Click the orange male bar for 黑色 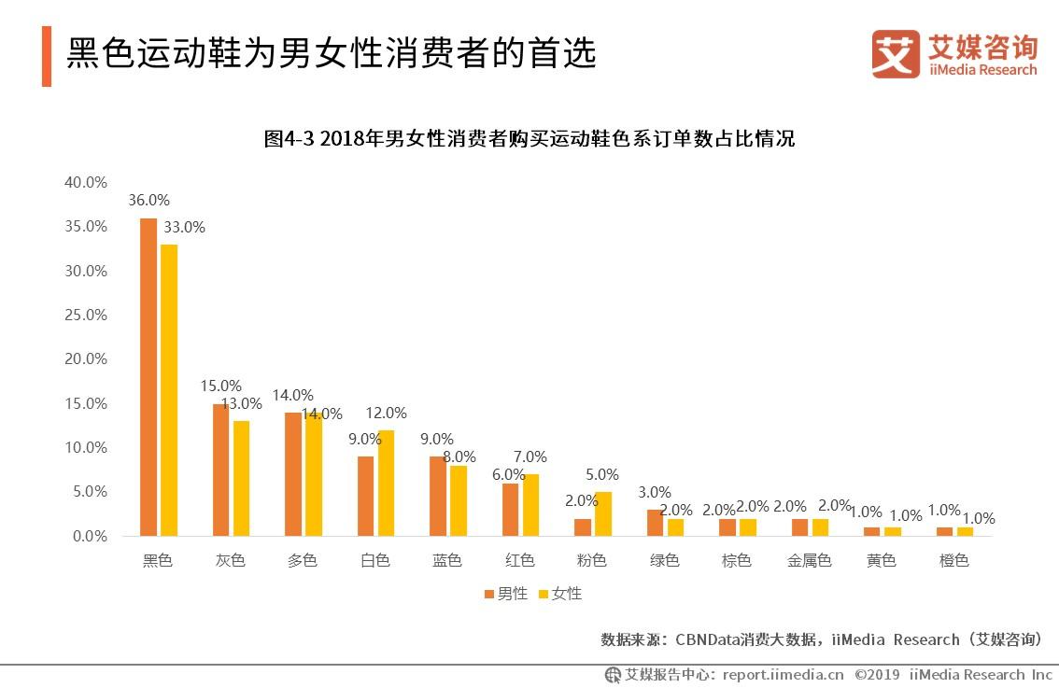[x=148, y=377]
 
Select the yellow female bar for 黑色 [x=169, y=390]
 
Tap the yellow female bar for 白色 [x=387, y=483]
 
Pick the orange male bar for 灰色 [x=220, y=470]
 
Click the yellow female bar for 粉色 [x=603, y=513]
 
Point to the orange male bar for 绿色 [x=656, y=523]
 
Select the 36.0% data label [x=149, y=200]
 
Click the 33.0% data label [x=185, y=227]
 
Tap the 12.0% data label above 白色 [x=387, y=413]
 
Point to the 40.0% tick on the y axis [x=85, y=182]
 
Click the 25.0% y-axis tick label [x=85, y=315]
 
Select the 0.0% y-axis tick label [x=89, y=536]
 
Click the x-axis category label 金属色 [x=809, y=561]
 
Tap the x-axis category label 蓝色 [x=447, y=561]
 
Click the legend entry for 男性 [x=506, y=594]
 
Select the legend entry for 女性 [x=560, y=594]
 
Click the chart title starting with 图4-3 [x=529, y=139]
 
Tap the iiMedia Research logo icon [x=895, y=53]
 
